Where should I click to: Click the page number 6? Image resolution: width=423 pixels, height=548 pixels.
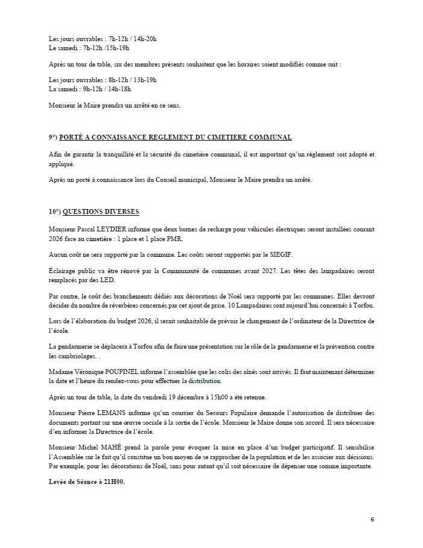coord(372,519)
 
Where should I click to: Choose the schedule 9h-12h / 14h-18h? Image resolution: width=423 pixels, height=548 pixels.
coord(121,89)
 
